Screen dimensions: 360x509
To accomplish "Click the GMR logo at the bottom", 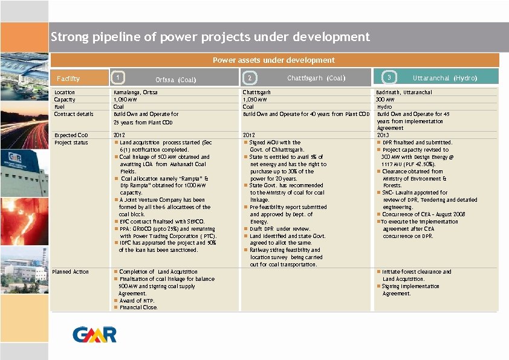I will (94, 334).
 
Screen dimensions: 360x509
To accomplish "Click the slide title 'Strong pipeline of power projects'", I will (210, 37).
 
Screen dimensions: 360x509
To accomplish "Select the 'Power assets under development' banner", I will (273, 60).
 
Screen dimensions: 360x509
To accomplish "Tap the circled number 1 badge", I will (119, 77).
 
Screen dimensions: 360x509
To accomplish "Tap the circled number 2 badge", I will (249, 77).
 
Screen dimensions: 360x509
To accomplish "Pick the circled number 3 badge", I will (390, 77).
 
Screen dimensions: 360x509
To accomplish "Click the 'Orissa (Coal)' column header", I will (176, 79).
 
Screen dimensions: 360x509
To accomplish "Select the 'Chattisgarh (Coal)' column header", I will (316, 78).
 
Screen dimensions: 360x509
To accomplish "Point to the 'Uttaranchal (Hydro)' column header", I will (445, 78).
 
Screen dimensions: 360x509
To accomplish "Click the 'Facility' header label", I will (68, 79).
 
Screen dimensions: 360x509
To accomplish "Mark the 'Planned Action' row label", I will (71, 272).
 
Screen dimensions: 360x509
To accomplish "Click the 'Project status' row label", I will (71, 143).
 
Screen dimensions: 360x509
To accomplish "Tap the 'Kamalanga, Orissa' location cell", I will (135, 92).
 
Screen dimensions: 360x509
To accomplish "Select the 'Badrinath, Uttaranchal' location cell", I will (404, 92).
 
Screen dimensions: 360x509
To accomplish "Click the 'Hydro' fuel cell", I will (384, 107).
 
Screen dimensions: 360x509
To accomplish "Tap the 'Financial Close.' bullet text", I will (138, 307).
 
